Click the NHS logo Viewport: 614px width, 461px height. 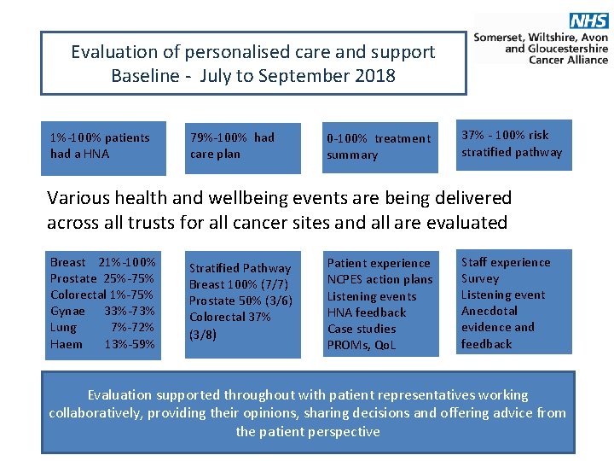click(x=588, y=21)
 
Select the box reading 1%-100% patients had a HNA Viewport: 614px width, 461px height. click(x=100, y=146)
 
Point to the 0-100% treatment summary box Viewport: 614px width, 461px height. click(x=379, y=147)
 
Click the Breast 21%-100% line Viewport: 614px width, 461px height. click(x=102, y=262)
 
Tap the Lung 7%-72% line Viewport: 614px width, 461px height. click(x=102, y=328)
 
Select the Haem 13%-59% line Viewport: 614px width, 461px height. click(x=102, y=344)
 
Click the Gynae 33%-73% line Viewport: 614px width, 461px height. click(x=102, y=312)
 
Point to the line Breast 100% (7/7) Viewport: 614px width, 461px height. click(x=239, y=284)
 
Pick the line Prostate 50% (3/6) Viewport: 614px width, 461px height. click(x=240, y=301)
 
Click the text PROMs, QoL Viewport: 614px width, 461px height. click(x=362, y=345)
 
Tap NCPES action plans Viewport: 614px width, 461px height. click(x=379, y=279)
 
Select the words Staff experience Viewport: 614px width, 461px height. click(x=506, y=262)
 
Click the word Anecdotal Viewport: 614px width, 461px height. click(x=489, y=311)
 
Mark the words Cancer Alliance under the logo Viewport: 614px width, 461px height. click(x=568, y=60)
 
